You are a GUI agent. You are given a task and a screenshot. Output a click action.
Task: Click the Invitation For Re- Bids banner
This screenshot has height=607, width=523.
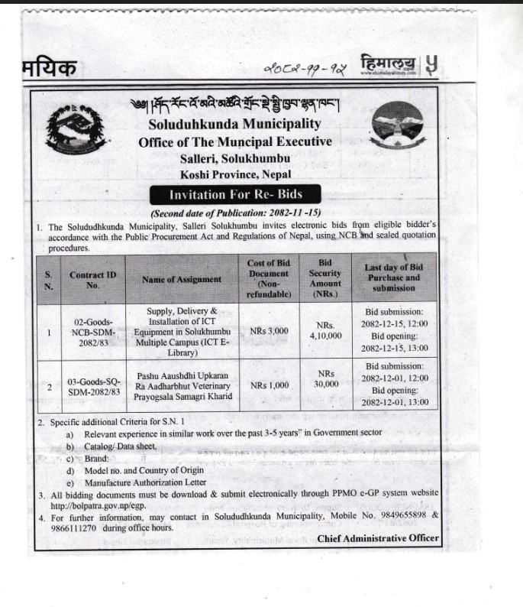[235, 194]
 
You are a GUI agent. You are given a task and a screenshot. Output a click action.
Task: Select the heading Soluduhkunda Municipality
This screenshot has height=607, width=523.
[234, 123]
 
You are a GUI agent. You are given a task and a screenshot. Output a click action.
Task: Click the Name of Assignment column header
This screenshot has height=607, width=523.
[182, 280]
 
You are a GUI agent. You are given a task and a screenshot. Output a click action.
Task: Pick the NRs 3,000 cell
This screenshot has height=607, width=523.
[269, 332]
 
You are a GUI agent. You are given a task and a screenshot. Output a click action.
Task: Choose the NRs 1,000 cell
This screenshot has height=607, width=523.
[269, 386]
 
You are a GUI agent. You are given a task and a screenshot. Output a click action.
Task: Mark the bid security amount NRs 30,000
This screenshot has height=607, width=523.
[324, 379]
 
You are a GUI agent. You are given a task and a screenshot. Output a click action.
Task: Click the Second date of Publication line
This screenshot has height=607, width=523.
[235, 214]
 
